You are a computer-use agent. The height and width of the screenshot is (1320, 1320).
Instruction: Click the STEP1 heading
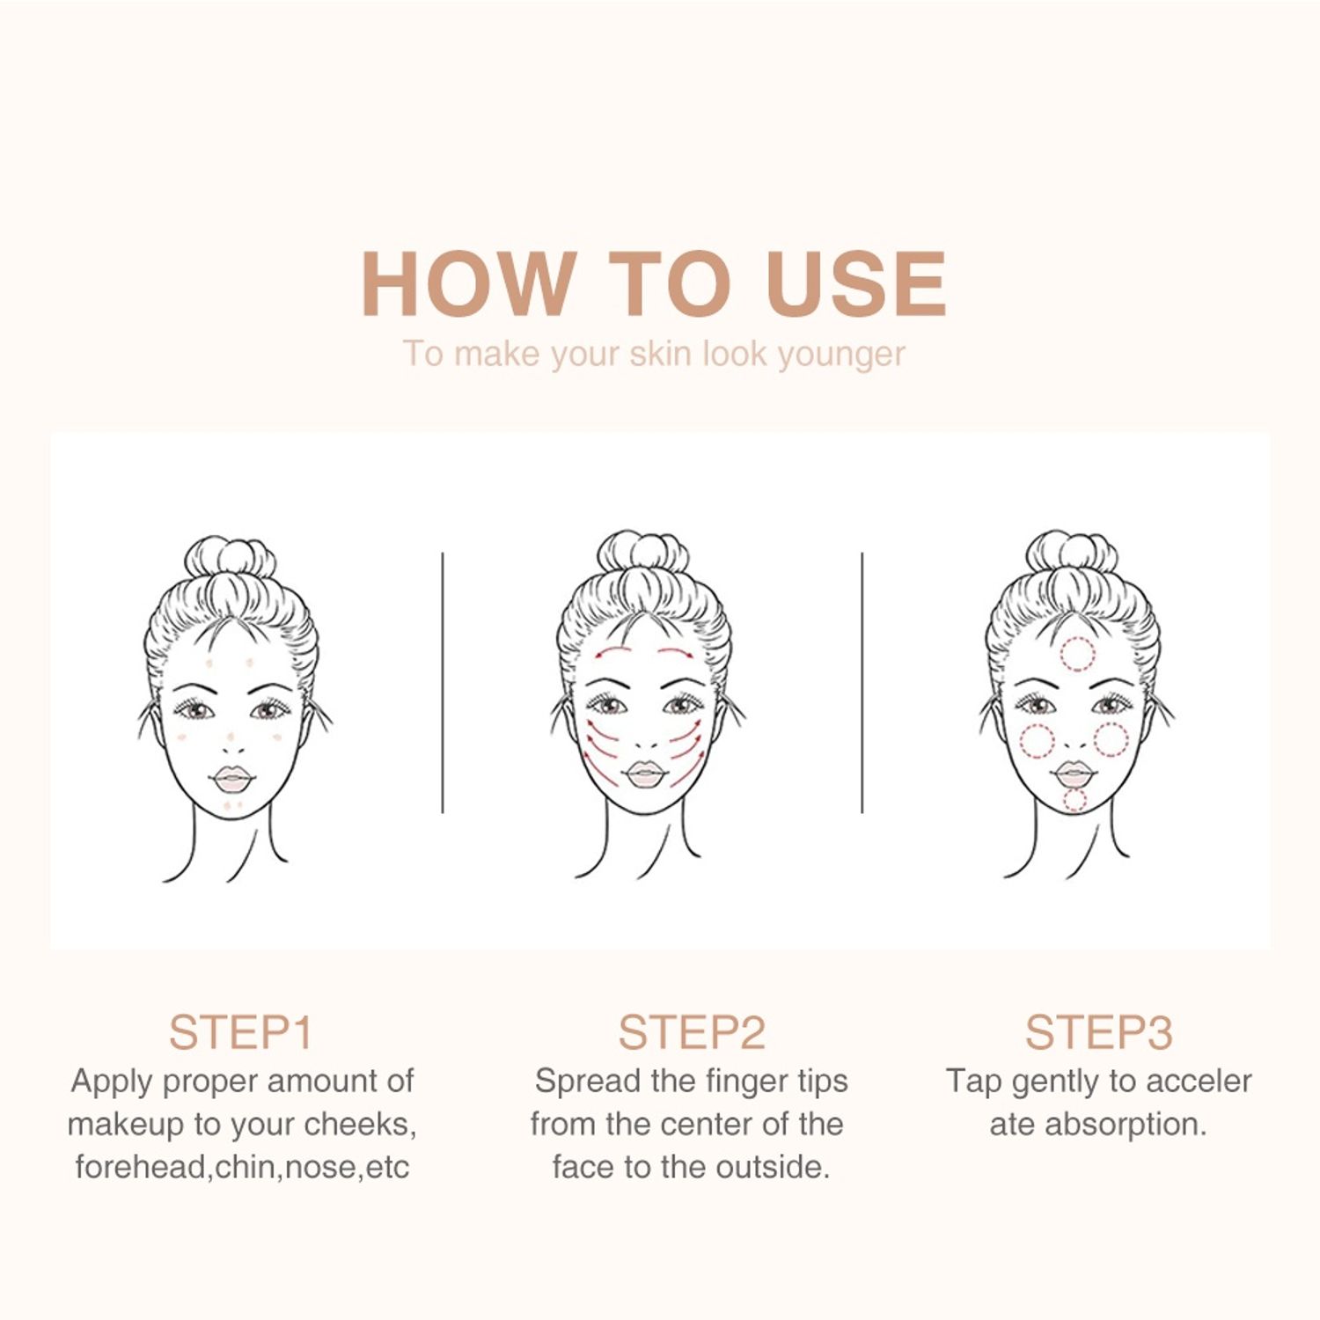240,1032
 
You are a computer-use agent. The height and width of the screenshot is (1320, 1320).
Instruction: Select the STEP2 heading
692,1032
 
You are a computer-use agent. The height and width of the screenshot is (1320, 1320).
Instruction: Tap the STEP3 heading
1098,1032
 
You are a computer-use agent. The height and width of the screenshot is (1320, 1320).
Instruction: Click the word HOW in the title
469,282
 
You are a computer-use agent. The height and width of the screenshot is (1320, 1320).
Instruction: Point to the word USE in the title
855,282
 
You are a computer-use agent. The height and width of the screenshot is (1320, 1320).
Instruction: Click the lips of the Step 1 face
232,780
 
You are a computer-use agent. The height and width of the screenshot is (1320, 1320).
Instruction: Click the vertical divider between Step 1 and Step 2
443,683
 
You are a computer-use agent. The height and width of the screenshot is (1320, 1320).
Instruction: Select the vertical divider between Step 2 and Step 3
862,683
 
